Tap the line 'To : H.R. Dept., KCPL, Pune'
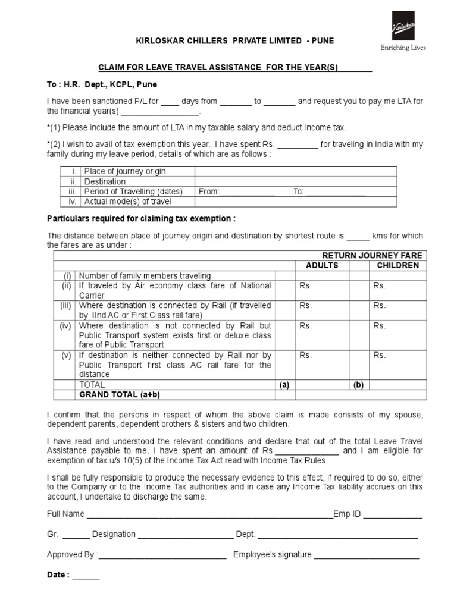(x=102, y=84)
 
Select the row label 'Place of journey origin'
(x=125, y=171)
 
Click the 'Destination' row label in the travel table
(x=105, y=181)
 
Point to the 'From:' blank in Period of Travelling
(x=248, y=192)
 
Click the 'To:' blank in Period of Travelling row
(x=336, y=192)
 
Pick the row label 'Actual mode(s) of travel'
(x=127, y=202)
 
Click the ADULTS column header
(x=322, y=265)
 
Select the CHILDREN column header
(x=397, y=265)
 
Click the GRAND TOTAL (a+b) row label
(x=120, y=395)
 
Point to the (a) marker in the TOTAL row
(x=284, y=385)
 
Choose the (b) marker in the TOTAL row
(x=358, y=385)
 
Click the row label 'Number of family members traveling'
(x=145, y=276)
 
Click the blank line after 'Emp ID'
(x=393, y=514)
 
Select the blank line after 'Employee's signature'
(x=367, y=555)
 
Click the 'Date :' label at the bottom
(x=58, y=575)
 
